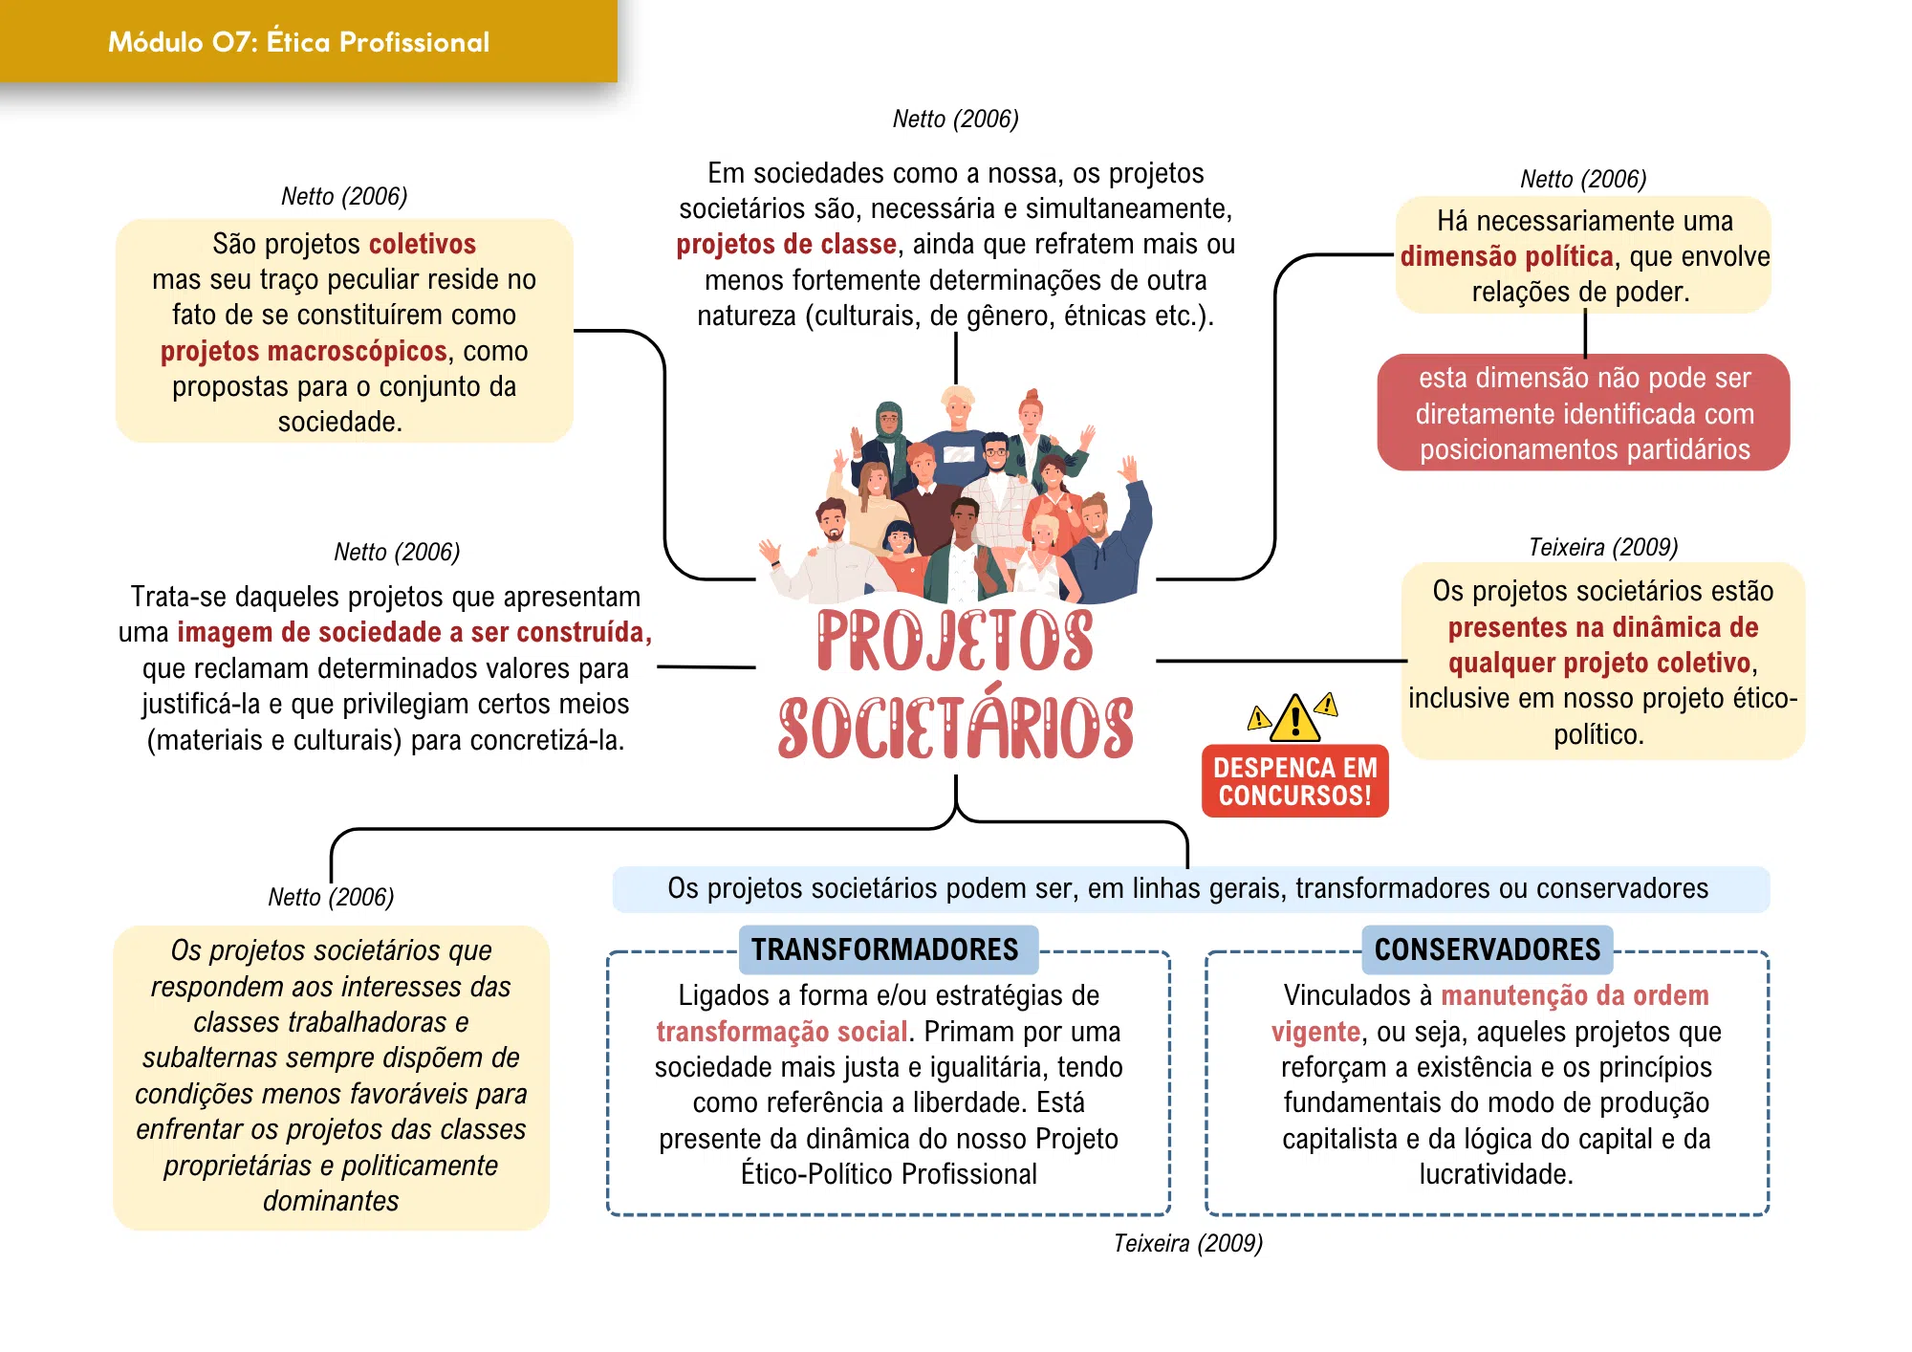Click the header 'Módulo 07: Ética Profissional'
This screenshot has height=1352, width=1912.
pyautogui.click(x=298, y=42)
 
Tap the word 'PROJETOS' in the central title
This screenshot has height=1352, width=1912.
pyautogui.click(x=955, y=640)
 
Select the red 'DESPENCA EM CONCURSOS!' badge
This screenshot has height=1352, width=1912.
pyautogui.click(x=1294, y=781)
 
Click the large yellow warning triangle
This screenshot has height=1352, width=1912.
pyautogui.click(x=1295, y=719)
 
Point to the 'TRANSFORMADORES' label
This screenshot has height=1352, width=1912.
pyautogui.click(x=885, y=949)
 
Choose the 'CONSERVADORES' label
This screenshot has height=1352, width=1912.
pyautogui.click(x=1488, y=949)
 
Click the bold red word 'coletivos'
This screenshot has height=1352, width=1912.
pyautogui.click(x=423, y=244)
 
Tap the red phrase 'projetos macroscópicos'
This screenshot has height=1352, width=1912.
pyautogui.click(x=304, y=351)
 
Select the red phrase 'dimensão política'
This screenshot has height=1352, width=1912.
pyautogui.click(x=1507, y=256)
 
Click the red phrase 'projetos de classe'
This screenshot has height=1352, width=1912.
pyautogui.click(x=787, y=244)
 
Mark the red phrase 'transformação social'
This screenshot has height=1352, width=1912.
pyautogui.click(x=782, y=1032)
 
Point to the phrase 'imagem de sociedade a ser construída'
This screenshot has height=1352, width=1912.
pyautogui.click(x=414, y=632)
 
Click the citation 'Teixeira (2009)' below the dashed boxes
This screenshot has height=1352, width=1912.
pyautogui.click(x=1188, y=1243)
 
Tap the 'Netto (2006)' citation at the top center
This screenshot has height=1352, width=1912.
pyautogui.click(x=956, y=119)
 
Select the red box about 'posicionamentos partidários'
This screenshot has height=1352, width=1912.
pyautogui.click(x=1584, y=413)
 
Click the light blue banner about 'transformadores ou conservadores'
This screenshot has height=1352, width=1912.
pyautogui.click(x=1191, y=889)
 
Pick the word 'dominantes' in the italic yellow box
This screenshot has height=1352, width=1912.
pyautogui.click(x=331, y=1201)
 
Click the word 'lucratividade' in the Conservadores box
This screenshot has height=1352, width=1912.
pyautogui.click(x=1496, y=1174)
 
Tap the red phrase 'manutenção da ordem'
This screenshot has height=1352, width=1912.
pyautogui.click(x=1575, y=995)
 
